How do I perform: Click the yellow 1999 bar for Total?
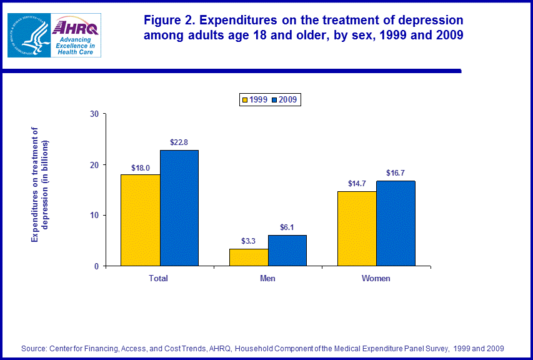pos(141,220)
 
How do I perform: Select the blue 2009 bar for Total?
pos(179,208)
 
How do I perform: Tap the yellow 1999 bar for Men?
pos(249,257)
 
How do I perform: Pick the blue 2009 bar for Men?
pos(287,251)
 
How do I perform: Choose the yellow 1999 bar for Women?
pos(357,229)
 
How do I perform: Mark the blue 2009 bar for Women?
pos(396,223)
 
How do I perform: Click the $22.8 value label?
pos(179,142)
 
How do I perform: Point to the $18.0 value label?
pos(141,167)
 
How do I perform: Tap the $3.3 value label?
pos(249,241)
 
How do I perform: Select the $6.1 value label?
pos(287,227)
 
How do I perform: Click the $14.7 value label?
pos(357,184)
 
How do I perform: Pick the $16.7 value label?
pos(396,174)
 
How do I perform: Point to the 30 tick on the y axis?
pos(95,114)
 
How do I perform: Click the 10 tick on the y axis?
pos(95,216)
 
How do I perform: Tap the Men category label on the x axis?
pos(267,278)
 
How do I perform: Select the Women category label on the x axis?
pos(376,278)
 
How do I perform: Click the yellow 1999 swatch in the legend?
pos(245,100)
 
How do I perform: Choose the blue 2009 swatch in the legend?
pos(274,100)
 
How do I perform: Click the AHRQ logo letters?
pos(74,27)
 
